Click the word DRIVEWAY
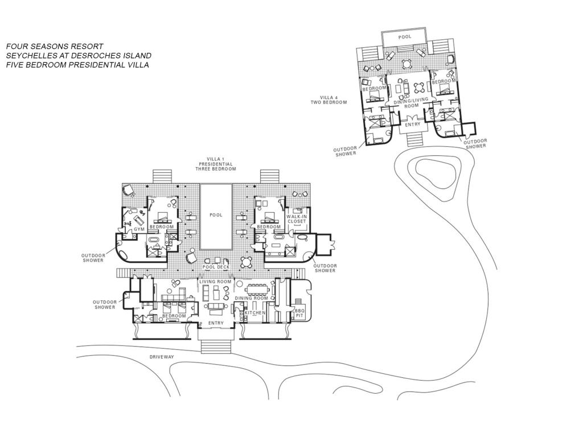click(x=162, y=357)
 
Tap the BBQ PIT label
click(x=299, y=313)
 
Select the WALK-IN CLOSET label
click(x=296, y=219)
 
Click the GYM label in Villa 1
click(x=139, y=229)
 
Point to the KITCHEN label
click(x=255, y=313)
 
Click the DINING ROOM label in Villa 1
click(x=251, y=298)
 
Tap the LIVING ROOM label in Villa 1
click(x=215, y=282)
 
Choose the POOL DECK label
click(x=216, y=267)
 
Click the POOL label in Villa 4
click(x=405, y=37)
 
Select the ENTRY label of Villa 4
click(x=412, y=125)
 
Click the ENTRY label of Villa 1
click(x=216, y=323)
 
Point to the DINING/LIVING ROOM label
click(x=411, y=102)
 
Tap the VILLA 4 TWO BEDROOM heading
click(x=329, y=100)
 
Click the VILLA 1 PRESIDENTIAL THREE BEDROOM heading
click(x=216, y=164)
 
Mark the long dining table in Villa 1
click(x=257, y=288)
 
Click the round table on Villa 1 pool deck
click(x=247, y=262)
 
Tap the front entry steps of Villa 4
click(x=413, y=139)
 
